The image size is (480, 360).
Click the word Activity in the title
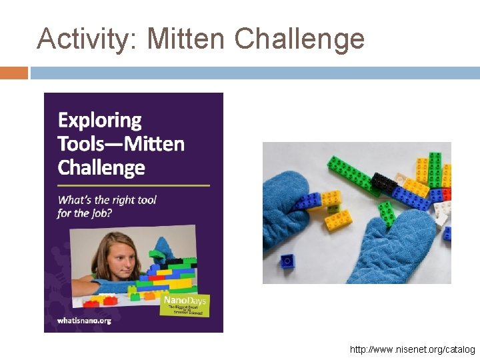coord(85,39)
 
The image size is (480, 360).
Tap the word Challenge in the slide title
coord(299,39)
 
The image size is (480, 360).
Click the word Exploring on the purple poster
coord(99,121)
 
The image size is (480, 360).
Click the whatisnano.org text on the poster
coord(84,320)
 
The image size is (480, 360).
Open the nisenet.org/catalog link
coord(412,349)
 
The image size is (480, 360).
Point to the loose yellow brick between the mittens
coord(338,220)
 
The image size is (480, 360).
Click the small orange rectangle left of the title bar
coord(13,73)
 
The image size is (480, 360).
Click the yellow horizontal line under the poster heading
coord(133,185)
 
